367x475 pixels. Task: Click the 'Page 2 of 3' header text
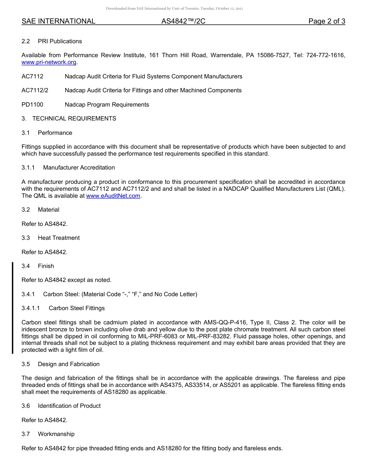[x=326, y=21]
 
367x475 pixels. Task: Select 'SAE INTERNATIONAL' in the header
[x=58, y=21]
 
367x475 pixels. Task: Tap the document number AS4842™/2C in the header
[x=183, y=21]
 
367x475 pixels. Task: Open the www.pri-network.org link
[x=49, y=62]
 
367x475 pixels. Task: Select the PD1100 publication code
[x=32, y=105]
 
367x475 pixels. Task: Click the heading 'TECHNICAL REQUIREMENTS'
[x=74, y=119]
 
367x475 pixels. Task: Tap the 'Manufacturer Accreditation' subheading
[x=79, y=168]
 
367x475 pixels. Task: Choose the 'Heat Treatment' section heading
[x=59, y=238]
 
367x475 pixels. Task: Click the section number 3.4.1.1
[x=31, y=308]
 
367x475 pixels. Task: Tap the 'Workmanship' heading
[x=56, y=434]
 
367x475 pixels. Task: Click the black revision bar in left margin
[x=12, y=308]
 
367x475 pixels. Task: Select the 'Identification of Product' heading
[x=69, y=406]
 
